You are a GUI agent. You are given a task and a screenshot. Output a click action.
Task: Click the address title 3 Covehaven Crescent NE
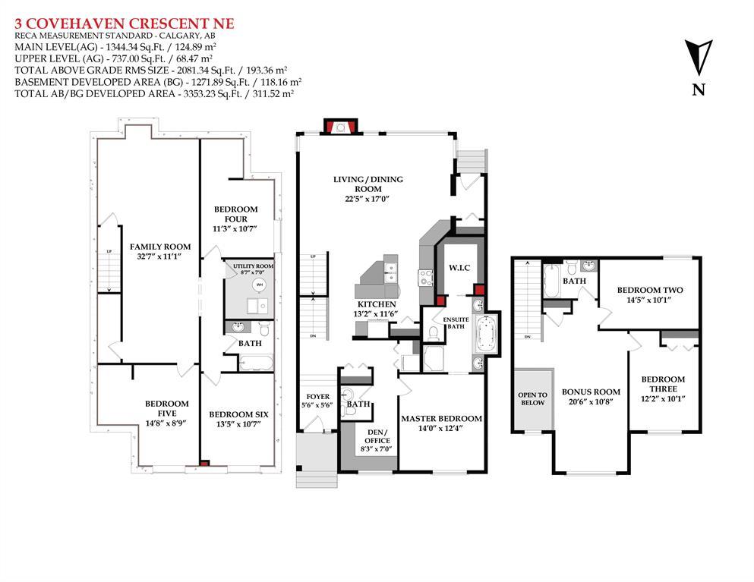(x=125, y=24)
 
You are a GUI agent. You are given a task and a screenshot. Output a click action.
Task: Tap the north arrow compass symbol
(x=699, y=58)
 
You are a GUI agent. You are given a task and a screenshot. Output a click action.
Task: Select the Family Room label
(x=160, y=247)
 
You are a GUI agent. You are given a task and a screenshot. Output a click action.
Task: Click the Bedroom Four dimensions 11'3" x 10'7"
(x=235, y=228)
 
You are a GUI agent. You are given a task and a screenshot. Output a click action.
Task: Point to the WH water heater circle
(x=260, y=285)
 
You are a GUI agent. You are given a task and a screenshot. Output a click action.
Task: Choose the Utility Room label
(x=253, y=266)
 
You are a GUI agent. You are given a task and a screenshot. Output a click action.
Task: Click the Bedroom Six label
(x=238, y=414)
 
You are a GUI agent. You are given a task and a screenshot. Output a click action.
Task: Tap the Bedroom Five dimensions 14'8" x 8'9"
(x=167, y=423)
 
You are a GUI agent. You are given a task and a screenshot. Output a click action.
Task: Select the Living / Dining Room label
(x=368, y=184)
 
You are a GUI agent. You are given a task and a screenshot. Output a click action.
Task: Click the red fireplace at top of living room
(x=341, y=127)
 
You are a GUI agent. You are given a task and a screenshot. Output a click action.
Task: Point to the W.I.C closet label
(x=459, y=267)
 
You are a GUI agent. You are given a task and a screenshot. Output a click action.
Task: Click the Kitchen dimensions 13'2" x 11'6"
(x=377, y=314)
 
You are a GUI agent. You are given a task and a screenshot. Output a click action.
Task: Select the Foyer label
(x=318, y=397)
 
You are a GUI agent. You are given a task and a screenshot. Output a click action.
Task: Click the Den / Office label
(x=377, y=436)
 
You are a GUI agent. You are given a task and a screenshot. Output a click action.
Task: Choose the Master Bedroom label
(x=441, y=419)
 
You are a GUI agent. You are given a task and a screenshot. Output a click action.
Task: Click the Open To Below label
(x=533, y=398)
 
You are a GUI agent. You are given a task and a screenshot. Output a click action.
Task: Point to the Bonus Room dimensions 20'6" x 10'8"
(x=591, y=401)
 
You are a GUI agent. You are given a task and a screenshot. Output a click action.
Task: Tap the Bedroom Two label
(x=650, y=290)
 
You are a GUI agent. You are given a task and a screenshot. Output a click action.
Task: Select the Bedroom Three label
(x=663, y=383)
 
